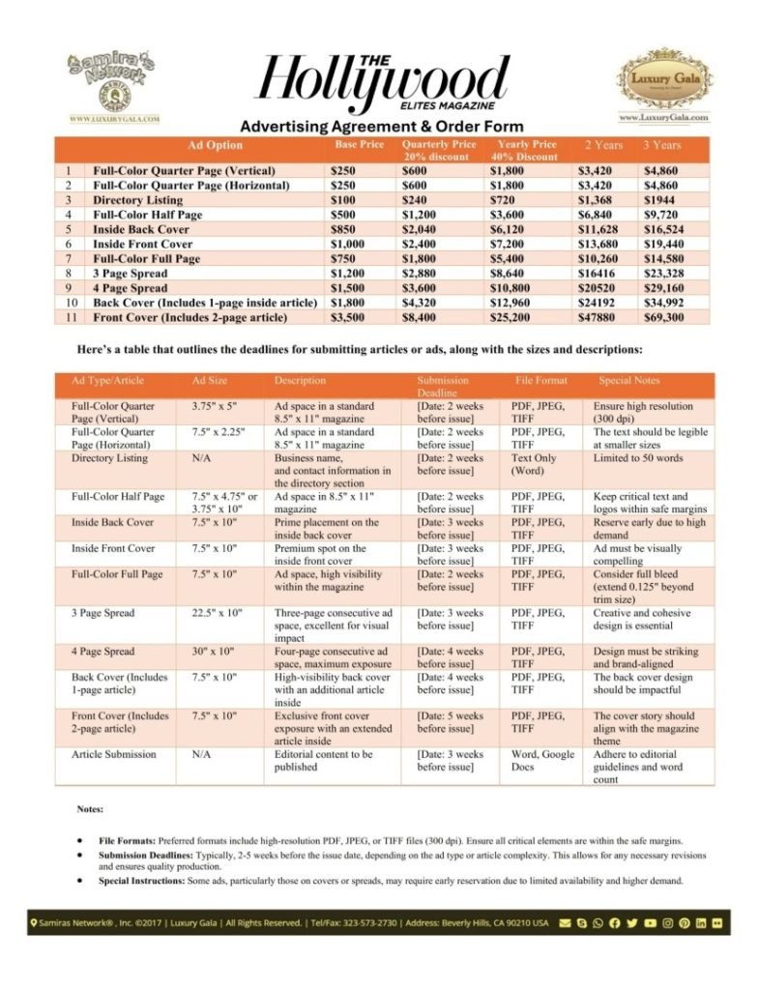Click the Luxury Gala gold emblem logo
tap(662, 83)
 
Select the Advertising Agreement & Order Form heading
tap(381, 127)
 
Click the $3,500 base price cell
tap(344, 317)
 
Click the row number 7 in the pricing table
tap(70, 259)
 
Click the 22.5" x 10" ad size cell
tap(219, 613)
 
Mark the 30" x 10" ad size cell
tap(214, 652)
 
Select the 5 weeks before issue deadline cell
tap(451, 722)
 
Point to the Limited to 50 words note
tap(639, 458)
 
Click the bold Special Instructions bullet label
tap(143, 881)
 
